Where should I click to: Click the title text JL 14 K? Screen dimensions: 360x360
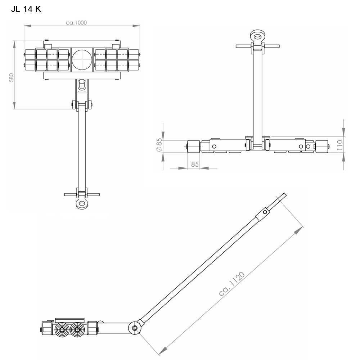(26, 9)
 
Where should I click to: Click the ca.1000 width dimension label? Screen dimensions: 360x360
(76, 22)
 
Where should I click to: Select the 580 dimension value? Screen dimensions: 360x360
(11, 77)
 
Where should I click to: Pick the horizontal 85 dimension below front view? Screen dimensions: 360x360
(195, 164)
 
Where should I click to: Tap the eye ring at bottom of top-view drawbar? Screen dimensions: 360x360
(82, 204)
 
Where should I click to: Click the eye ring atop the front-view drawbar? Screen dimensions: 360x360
(257, 36)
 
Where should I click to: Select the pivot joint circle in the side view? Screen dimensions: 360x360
(135, 328)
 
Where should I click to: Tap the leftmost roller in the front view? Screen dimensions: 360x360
(193, 146)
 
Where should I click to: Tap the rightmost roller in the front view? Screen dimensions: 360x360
(321, 146)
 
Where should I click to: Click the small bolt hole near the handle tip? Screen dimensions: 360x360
(265, 212)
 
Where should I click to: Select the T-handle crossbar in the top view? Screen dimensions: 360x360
(82, 194)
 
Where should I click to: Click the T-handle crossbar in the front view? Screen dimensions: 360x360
(257, 46)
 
